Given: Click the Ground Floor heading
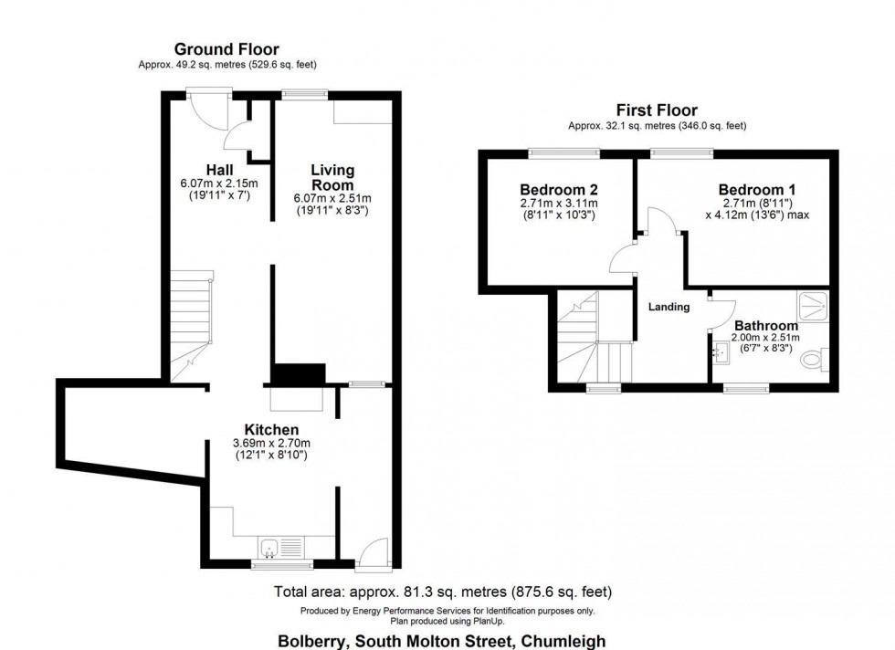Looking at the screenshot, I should [x=226, y=49].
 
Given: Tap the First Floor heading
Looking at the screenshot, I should [x=658, y=110].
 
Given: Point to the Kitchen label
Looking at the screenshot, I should [x=271, y=430].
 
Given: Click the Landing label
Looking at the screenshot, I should [x=669, y=307].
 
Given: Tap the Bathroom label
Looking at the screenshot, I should [x=766, y=325].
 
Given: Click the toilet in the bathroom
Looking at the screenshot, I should [x=813, y=362].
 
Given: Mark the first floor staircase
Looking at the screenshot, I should [x=584, y=342].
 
